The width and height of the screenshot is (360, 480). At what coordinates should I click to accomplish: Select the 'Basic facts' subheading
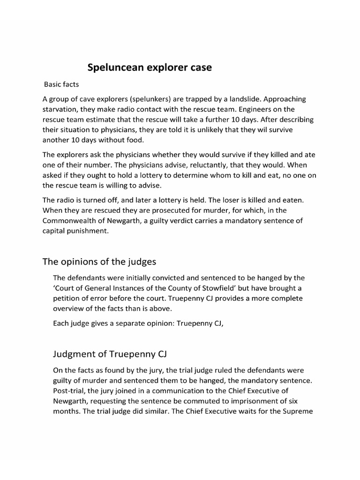62,85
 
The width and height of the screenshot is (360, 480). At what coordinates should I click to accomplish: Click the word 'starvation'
61,110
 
